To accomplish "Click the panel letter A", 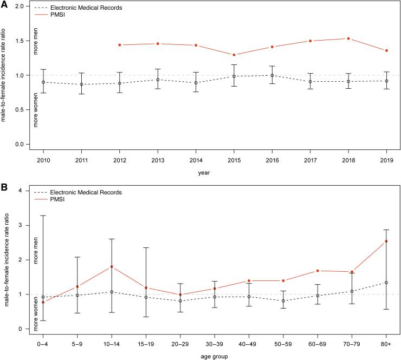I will pos(4,5).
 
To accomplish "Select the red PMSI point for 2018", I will pos(349,38).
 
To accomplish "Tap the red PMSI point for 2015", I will pos(234,55).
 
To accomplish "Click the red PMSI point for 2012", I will pos(119,45).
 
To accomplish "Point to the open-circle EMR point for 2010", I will pos(43,82).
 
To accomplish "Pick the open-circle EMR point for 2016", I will pos(273,76).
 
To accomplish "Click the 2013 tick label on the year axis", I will pos(158,160).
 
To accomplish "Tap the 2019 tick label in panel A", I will pos(387,160).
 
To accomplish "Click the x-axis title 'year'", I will pos(215,174).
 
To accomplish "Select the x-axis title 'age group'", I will pos(215,356).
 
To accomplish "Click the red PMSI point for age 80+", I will pos(387,241).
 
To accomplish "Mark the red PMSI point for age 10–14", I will pos(111,267).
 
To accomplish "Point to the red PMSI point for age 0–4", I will pos(43,302).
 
